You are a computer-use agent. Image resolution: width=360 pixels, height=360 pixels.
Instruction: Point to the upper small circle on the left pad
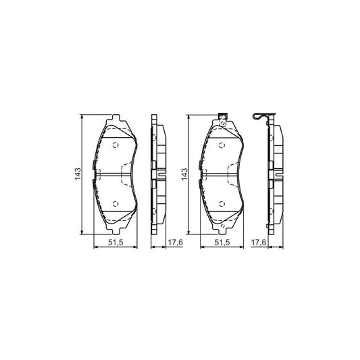click(x=114, y=144)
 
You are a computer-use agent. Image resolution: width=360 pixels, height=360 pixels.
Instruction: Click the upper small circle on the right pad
click(x=222, y=144)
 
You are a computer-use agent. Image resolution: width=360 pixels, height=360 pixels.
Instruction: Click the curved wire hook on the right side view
click(x=260, y=118)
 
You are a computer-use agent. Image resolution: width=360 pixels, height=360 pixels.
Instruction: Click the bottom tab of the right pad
click(x=222, y=228)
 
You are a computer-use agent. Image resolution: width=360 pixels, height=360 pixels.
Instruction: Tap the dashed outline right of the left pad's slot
click(x=126, y=175)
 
